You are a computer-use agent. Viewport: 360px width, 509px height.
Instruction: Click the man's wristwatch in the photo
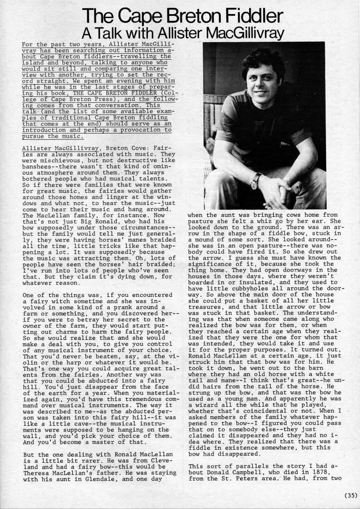click(x=256, y=180)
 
